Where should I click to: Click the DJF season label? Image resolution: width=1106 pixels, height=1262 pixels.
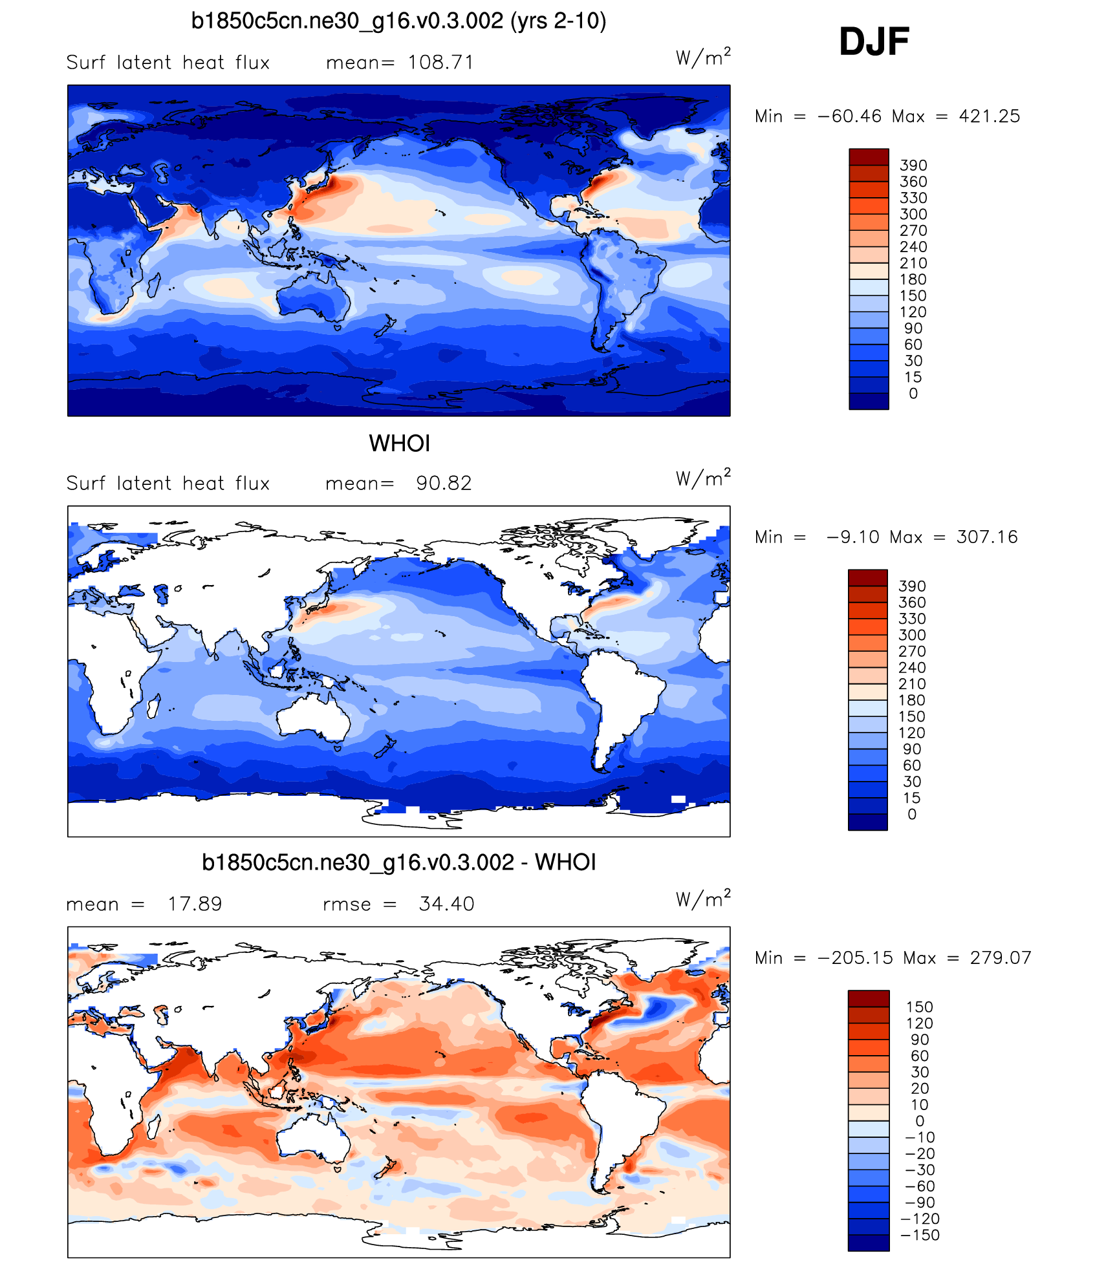(x=874, y=42)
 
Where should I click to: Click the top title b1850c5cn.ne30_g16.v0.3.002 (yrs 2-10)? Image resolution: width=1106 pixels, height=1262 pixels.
(x=398, y=21)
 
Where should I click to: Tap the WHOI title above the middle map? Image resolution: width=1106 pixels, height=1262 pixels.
(x=399, y=444)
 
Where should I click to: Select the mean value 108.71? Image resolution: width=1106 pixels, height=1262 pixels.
(x=440, y=63)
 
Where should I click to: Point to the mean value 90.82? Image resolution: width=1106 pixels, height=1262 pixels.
(x=444, y=484)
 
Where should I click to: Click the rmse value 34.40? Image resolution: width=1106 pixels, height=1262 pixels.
(x=446, y=904)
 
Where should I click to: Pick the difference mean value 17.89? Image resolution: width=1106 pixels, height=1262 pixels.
(x=195, y=904)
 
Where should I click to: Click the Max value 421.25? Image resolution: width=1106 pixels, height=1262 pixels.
(x=989, y=116)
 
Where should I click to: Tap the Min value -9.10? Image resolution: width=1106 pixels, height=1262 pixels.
(x=852, y=537)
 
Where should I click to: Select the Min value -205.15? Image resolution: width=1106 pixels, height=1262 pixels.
(x=856, y=958)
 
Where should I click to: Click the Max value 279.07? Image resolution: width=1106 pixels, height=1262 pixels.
(x=1000, y=958)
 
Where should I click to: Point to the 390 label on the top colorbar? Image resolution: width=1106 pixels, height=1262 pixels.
(x=913, y=166)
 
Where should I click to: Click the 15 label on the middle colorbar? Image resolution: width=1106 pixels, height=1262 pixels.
(x=911, y=798)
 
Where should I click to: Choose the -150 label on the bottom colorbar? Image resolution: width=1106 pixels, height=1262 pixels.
(x=919, y=1235)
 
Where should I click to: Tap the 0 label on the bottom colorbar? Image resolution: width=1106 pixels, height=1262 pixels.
(x=919, y=1122)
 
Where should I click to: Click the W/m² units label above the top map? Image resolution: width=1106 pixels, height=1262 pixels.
(x=703, y=58)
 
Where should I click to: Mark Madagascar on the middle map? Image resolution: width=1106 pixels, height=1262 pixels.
(x=154, y=705)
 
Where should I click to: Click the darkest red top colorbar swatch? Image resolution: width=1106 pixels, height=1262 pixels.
(x=869, y=156)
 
